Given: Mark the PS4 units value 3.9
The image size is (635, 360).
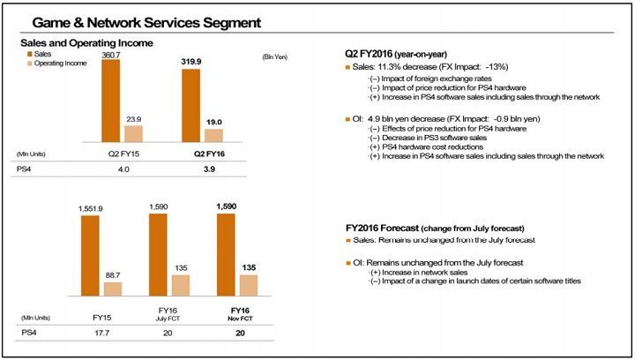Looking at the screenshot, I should pyautogui.click(x=203, y=169).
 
